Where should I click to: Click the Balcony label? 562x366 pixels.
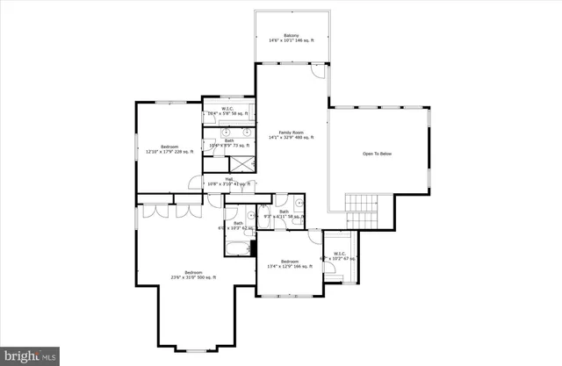290,39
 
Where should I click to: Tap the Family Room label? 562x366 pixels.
290,134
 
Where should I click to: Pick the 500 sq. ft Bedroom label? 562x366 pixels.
193,275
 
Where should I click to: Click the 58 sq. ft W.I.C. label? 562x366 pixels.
226,111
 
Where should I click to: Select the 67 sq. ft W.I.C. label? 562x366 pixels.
341,257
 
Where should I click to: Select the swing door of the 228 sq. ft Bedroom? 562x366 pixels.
194,183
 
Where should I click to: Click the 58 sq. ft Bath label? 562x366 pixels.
285,213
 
